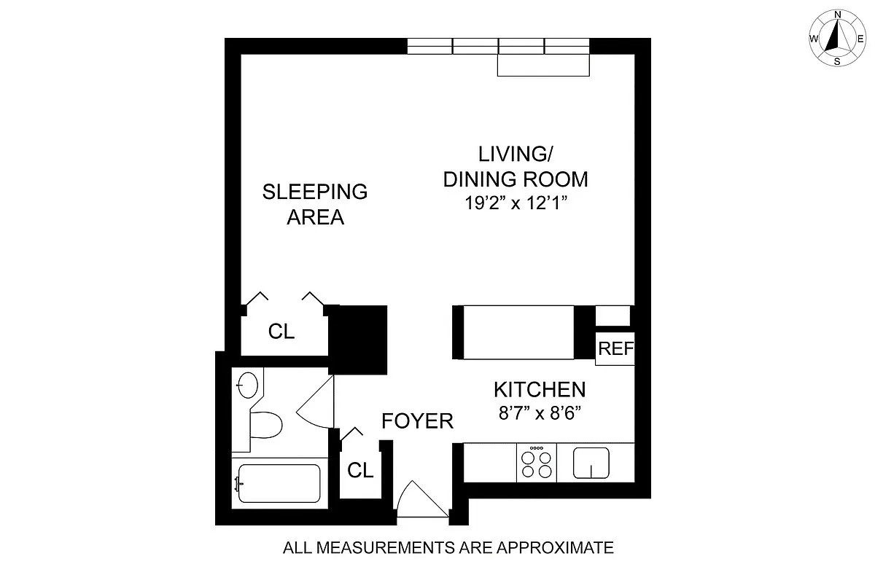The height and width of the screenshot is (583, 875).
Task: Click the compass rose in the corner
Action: (837, 38)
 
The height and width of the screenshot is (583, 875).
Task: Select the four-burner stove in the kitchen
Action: (536, 462)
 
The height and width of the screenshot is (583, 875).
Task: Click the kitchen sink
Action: (591, 463)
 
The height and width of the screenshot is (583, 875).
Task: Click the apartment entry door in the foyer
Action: (421, 501)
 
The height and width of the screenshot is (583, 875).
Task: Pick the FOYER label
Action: (418, 420)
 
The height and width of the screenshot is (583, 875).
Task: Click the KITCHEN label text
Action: (540, 389)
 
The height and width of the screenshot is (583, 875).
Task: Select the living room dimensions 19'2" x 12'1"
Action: (516, 203)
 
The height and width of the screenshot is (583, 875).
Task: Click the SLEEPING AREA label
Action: (315, 204)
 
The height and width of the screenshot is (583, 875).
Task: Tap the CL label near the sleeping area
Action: (281, 332)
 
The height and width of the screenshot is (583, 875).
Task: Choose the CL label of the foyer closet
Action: (359, 470)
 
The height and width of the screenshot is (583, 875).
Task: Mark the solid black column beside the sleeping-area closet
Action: (358, 339)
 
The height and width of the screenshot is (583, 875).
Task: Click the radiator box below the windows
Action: (543, 66)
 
